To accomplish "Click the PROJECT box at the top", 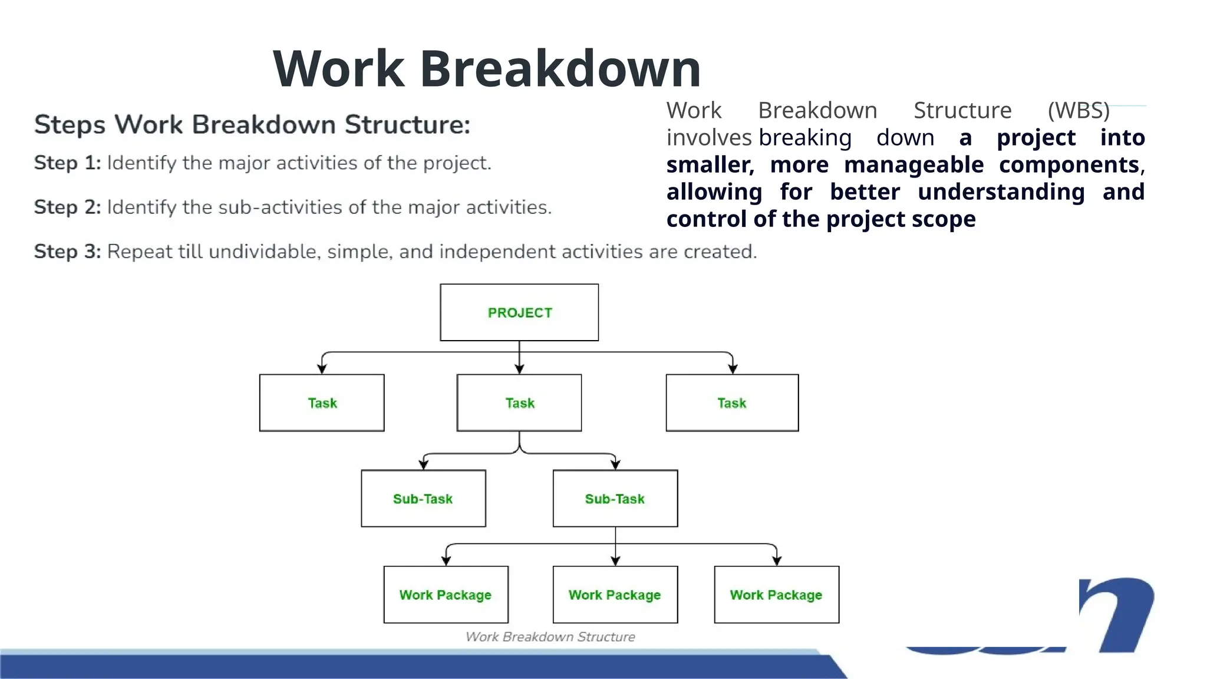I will click(519, 312).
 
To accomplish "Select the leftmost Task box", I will click(322, 403).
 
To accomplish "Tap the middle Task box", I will click(519, 403).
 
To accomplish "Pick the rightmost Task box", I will click(732, 403).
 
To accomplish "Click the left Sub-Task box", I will click(423, 499).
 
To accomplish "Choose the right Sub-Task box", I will click(615, 499).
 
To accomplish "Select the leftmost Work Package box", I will click(446, 595).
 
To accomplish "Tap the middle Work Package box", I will click(615, 595).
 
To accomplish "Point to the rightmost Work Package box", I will click(776, 595).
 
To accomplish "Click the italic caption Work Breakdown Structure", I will click(550, 637).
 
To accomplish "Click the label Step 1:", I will click(67, 163).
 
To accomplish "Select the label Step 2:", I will click(67, 207).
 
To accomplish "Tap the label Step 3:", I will click(67, 252).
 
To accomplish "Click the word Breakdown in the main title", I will click(560, 69).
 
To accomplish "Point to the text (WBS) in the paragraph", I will click(1079, 111).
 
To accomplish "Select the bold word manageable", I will click(914, 165).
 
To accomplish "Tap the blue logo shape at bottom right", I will click(1120, 613).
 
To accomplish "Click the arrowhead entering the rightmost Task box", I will click(733, 370).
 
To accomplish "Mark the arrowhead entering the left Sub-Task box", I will click(423, 465).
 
